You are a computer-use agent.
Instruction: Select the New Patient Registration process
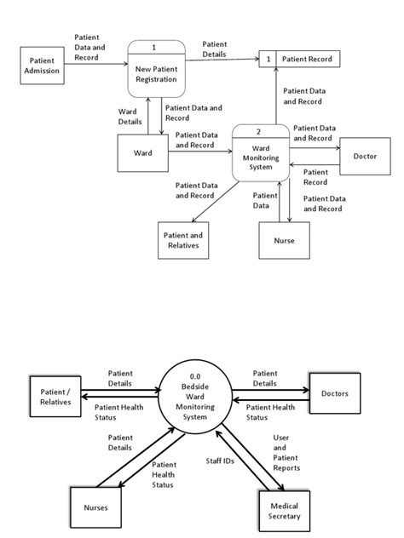(155, 72)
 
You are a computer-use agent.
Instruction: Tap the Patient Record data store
(299, 59)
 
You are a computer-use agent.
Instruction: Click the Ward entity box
(143, 154)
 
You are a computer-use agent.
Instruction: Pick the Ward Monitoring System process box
(261, 156)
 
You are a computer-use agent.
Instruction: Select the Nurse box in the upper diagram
(284, 241)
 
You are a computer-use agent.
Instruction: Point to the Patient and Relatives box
(183, 241)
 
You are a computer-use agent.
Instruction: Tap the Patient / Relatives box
(55, 396)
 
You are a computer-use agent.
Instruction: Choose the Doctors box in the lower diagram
(334, 394)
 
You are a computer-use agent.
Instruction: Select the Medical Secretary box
(286, 510)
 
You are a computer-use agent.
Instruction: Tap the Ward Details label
(130, 117)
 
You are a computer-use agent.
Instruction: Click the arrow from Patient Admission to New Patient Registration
(95, 66)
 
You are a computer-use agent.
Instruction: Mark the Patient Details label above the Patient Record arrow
(215, 49)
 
